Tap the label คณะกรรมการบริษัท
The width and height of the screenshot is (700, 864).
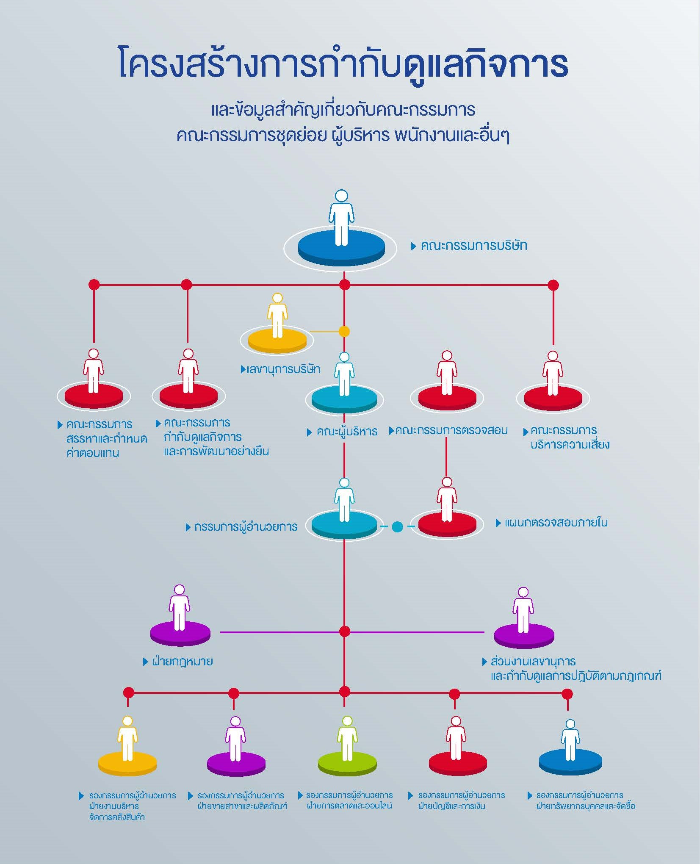[x=474, y=246]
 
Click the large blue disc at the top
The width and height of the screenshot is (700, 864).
[x=341, y=247]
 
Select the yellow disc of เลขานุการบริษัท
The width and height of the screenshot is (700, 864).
[x=277, y=341]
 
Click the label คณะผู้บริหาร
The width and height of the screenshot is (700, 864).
[x=347, y=432]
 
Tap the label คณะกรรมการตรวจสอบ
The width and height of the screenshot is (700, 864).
[x=451, y=430]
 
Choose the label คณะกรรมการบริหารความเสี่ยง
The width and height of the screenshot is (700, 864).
[x=570, y=438]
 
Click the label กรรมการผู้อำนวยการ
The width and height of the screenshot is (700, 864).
[x=246, y=527]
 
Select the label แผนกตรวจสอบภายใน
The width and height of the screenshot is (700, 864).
[x=556, y=523]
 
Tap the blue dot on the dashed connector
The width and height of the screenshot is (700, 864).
[x=397, y=527]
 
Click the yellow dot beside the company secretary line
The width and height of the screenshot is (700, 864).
[x=344, y=332]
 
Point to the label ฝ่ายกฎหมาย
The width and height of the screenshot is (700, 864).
[x=183, y=662]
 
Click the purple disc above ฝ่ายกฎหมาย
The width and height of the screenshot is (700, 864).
[x=180, y=634]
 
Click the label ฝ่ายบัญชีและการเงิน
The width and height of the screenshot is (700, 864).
[x=451, y=806]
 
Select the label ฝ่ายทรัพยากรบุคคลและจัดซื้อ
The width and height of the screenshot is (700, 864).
[x=586, y=806]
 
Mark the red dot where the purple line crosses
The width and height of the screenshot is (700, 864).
[x=345, y=632]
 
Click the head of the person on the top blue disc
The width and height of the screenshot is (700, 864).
[x=341, y=196]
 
